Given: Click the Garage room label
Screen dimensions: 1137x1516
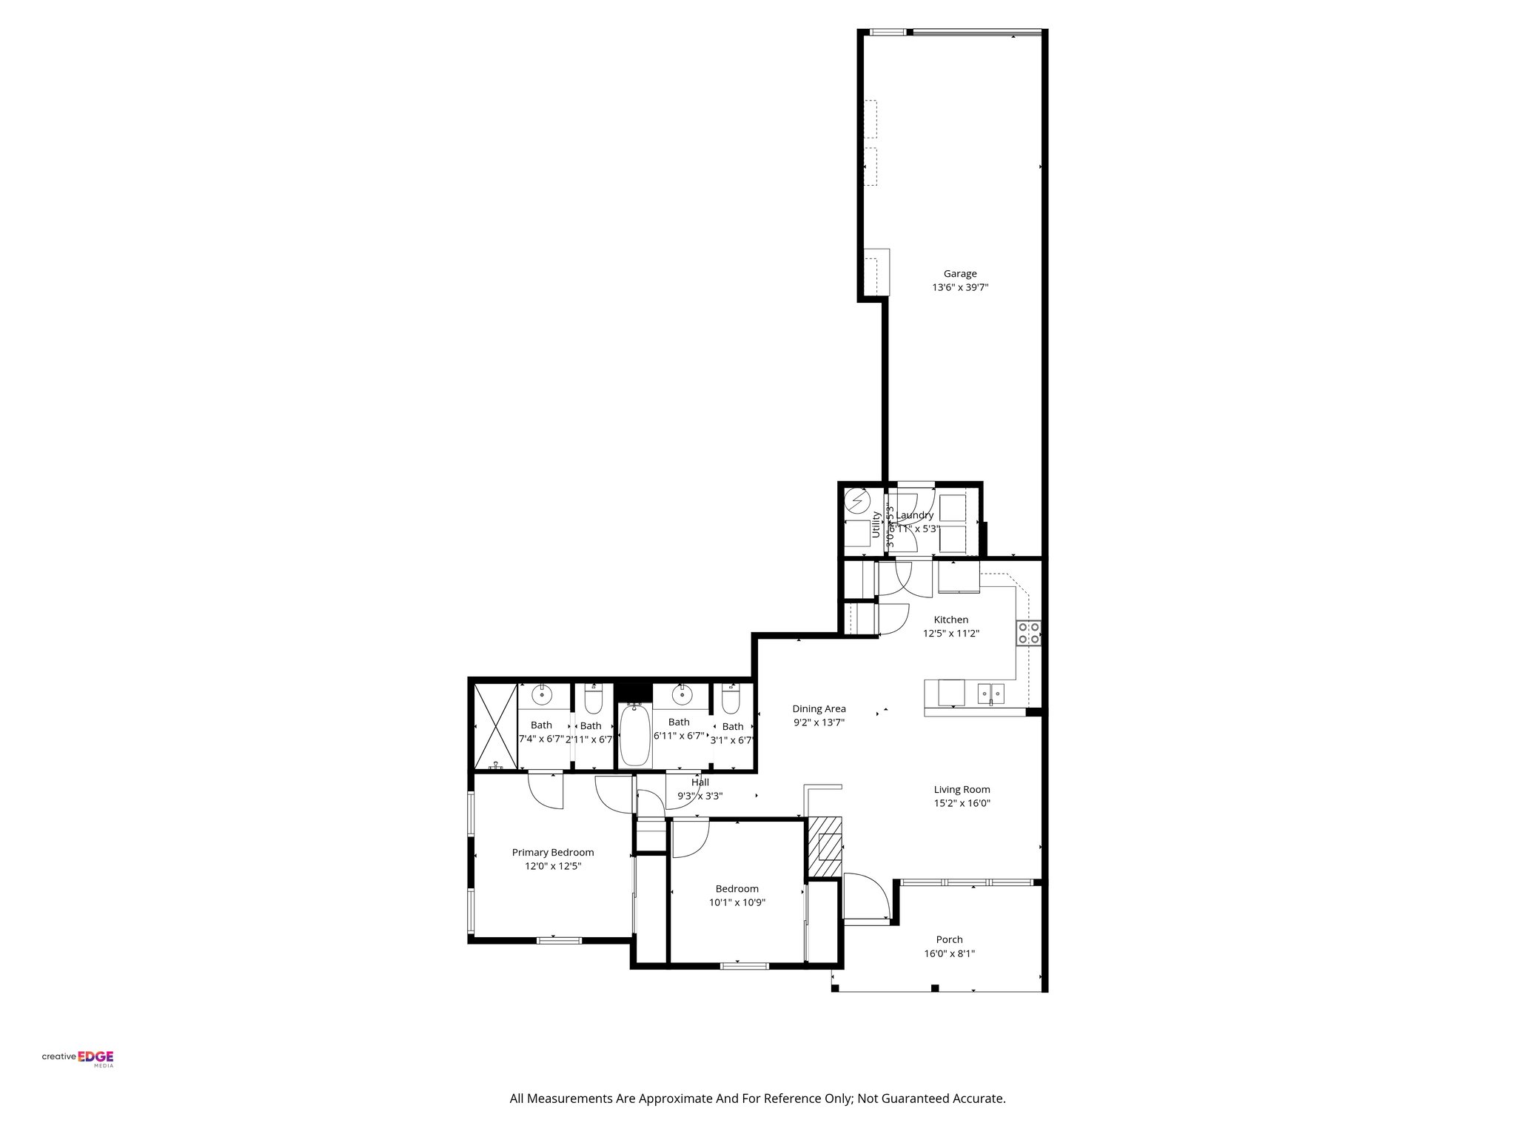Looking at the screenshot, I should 959,274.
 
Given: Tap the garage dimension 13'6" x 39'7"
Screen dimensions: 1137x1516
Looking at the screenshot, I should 959,288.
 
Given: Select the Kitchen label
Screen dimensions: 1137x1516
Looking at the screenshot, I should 950,620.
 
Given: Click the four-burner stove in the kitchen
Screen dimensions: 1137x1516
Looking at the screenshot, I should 1029,633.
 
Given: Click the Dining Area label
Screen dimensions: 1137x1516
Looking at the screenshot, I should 819,708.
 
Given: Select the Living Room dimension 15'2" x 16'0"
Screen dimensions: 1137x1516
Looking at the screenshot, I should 962,803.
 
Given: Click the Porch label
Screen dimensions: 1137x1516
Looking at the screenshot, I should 949,940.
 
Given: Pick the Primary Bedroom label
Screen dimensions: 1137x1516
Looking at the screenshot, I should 553,852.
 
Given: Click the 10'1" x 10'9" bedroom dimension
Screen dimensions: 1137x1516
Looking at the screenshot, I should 737,902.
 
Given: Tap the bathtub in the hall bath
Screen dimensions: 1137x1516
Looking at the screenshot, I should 635,736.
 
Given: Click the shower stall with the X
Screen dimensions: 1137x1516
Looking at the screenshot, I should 493,726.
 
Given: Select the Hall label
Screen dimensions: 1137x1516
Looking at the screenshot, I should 700,782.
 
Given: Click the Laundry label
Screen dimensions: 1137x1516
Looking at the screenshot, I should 916,515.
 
